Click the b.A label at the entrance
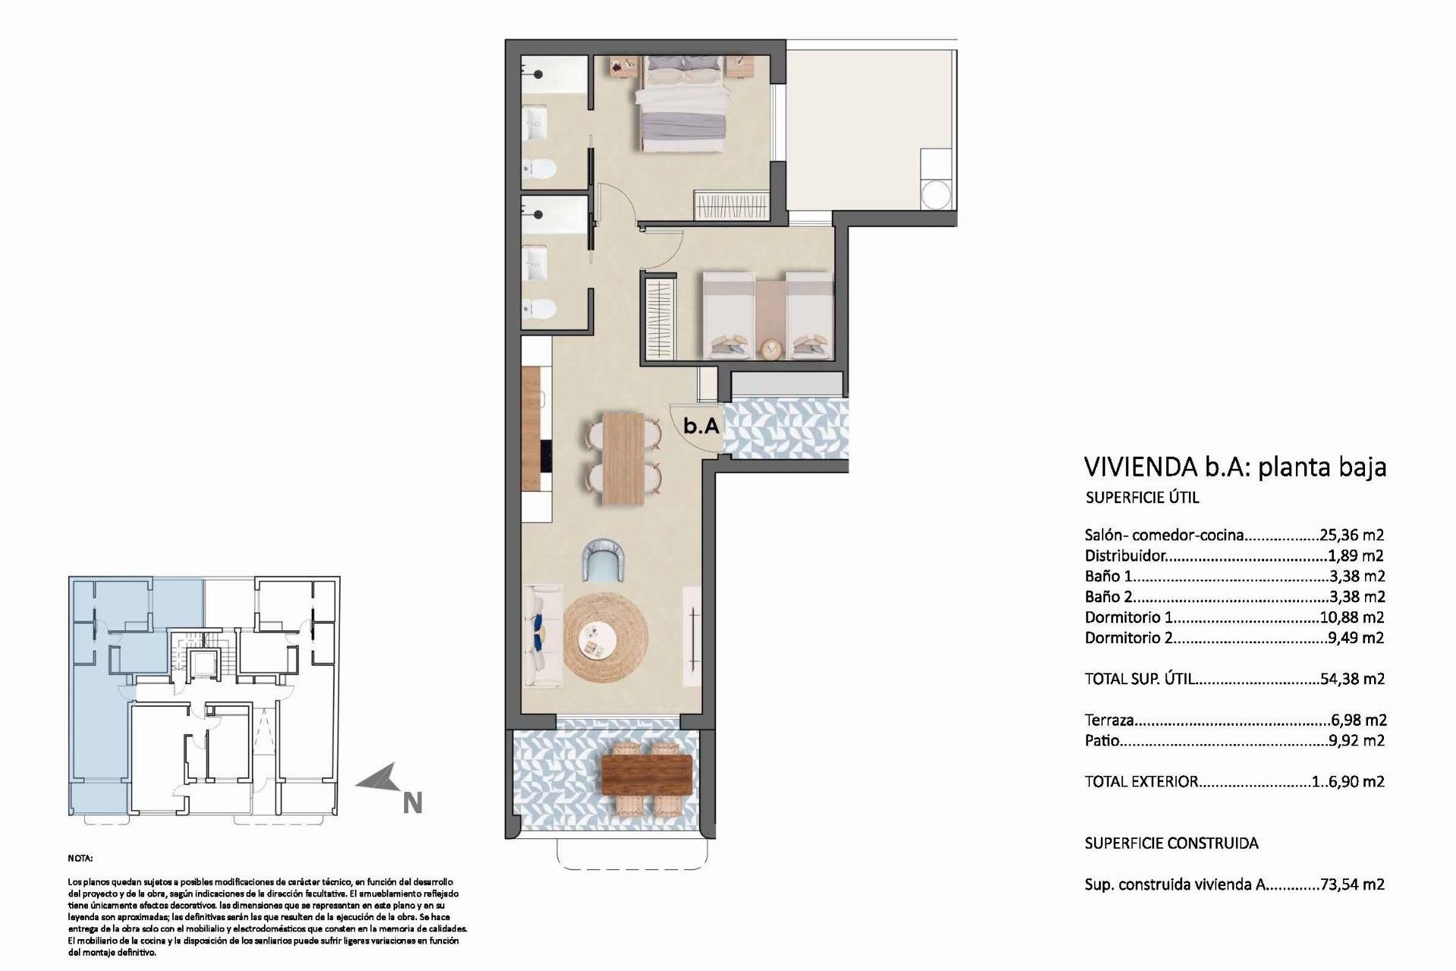tap(701, 426)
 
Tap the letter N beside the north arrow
tap(413, 803)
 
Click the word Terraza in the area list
tap(1109, 720)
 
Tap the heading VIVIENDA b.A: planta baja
tap(1235, 466)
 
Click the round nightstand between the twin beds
tap(772, 349)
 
